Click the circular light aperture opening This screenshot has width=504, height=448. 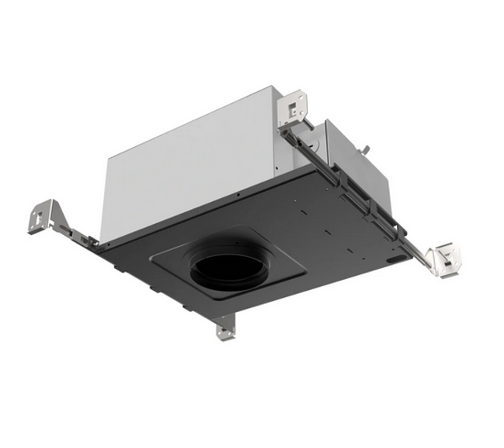[x=226, y=270]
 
